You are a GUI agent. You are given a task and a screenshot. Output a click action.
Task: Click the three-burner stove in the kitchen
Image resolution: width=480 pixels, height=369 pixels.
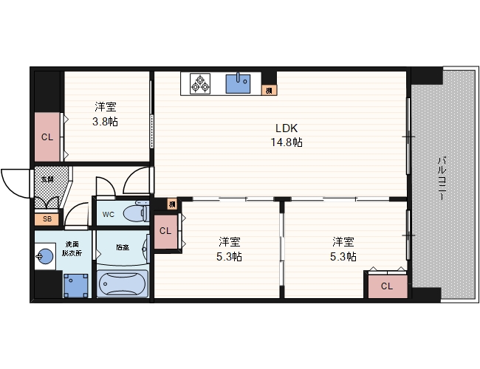point(199,83)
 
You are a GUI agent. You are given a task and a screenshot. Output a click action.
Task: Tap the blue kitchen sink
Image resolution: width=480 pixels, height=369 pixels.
point(239,83)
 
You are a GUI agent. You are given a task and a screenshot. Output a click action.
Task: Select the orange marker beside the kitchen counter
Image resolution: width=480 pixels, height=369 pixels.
point(270,90)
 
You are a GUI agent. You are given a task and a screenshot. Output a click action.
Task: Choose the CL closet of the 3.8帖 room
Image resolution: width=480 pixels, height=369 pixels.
point(47,137)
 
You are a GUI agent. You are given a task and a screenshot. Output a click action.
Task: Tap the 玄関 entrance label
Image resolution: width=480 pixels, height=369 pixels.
point(47,179)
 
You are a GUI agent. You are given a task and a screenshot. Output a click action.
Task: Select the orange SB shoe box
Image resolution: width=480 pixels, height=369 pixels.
point(47,219)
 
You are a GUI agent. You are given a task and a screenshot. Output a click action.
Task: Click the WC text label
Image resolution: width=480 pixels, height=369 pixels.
point(108,215)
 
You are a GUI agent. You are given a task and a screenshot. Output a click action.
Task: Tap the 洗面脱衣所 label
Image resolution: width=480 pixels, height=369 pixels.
point(72,249)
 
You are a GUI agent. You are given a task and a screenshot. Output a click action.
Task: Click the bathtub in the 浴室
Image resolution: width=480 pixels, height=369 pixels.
point(123,283)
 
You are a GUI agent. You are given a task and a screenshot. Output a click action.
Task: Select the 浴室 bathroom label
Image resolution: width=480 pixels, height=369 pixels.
point(123,247)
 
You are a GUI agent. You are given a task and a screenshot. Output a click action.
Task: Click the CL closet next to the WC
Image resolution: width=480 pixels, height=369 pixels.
point(165,231)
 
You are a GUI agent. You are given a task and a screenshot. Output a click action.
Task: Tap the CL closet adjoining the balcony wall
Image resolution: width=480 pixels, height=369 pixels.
point(387,286)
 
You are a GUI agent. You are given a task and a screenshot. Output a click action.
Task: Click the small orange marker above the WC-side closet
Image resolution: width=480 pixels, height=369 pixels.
point(171,204)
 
